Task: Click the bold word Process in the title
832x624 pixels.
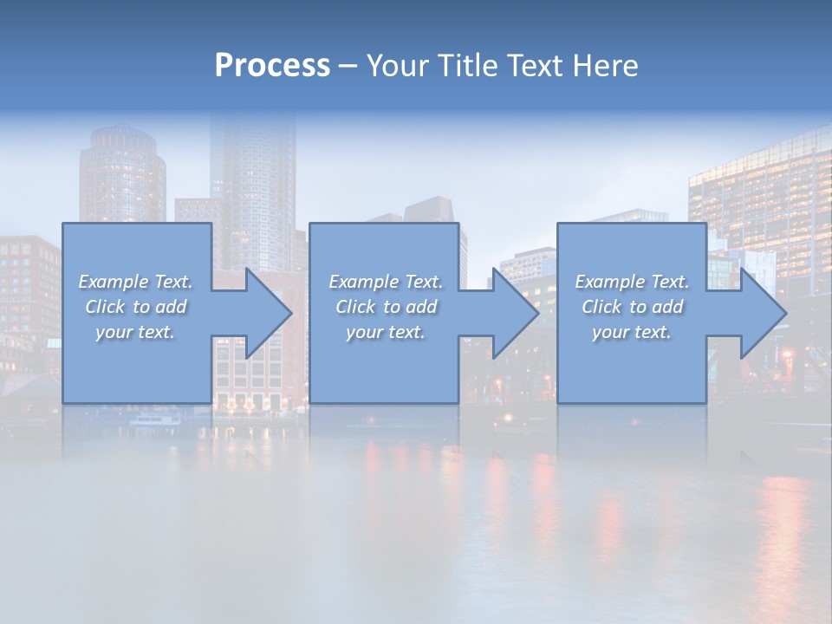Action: [x=272, y=65]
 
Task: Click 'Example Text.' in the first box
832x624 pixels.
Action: [x=136, y=281]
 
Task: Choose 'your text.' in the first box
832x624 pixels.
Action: [x=136, y=332]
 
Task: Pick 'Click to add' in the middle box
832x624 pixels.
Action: [x=386, y=307]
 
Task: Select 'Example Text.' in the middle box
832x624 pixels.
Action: [x=386, y=281]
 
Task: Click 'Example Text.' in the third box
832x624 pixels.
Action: [x=633, y=281]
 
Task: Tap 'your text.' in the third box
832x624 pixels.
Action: [x=633, y=332]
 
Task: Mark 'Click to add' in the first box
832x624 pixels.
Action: [x=136, y=307]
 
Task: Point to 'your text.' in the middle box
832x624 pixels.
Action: [x=386, y=332]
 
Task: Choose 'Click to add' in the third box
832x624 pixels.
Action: [x=633, y=307]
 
